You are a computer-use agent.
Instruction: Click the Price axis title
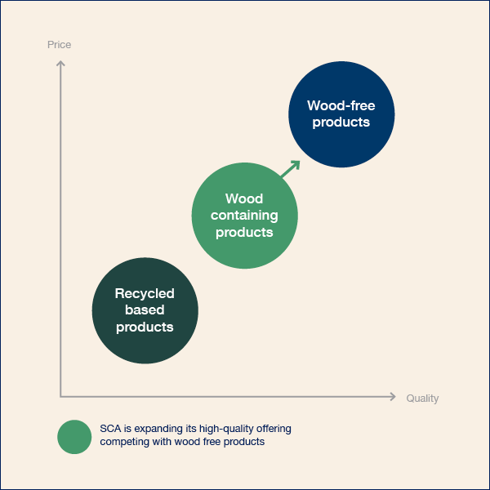(59, 45)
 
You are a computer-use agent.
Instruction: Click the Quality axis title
(422, 399)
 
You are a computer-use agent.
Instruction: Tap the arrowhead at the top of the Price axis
(60, 64)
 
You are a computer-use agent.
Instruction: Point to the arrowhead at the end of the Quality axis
(393, 397)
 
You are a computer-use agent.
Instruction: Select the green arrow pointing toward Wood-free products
(291, 169)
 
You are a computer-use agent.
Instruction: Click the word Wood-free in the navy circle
(341, 105)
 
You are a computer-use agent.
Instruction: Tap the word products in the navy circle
(341, 122)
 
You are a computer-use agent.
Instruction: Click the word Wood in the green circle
(244, 198)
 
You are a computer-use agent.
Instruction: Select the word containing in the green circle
(244, 216)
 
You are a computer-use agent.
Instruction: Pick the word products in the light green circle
(244, 233)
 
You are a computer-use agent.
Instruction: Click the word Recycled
(145, 293)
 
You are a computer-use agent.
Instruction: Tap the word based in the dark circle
(145, 310)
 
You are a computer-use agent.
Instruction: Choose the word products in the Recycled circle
(145, 327)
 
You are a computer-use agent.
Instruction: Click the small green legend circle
(74, 437)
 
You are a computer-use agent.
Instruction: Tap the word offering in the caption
(274, 429)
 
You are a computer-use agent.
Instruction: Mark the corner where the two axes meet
(60, 397)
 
